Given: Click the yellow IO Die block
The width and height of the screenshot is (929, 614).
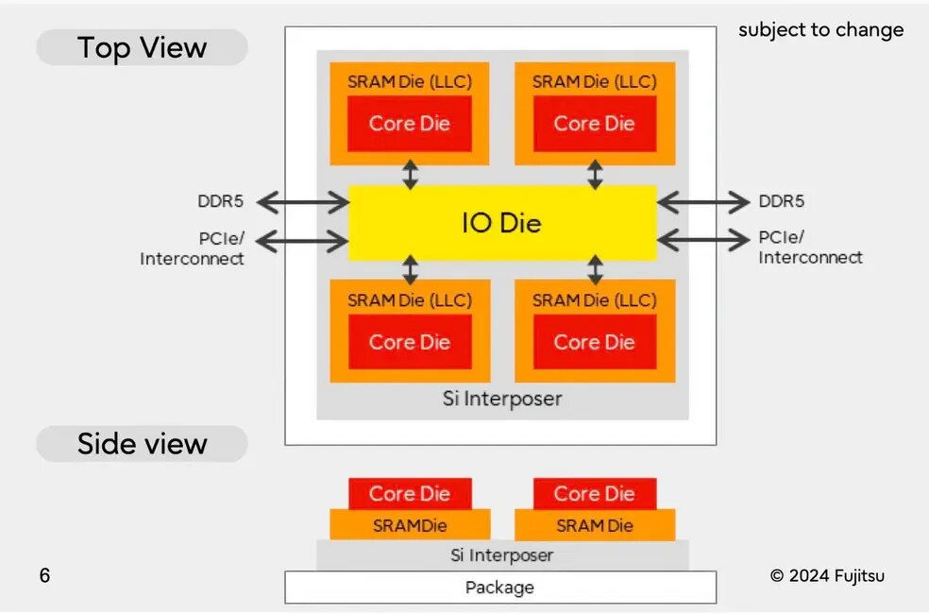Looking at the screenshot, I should point(501,223).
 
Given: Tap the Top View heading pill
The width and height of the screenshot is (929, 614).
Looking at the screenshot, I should point(142,47).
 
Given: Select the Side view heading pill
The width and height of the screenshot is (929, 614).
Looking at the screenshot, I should point(142,444).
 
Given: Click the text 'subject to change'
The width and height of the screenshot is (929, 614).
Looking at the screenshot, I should point(820,29).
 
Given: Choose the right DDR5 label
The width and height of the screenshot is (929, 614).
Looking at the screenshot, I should point(782,201).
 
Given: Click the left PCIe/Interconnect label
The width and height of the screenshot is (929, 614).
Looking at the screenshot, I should point(193,248).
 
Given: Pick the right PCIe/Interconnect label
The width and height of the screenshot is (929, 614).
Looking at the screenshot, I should point(810,247).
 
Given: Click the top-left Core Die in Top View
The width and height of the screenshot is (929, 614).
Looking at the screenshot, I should point(409,124).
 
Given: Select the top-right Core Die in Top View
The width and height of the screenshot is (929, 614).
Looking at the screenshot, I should point(594,124).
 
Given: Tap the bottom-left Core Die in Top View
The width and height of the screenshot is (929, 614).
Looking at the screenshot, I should point(409,342).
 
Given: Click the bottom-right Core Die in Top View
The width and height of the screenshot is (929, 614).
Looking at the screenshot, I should point(594,342).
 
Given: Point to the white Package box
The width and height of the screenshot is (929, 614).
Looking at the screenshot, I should point(500,588).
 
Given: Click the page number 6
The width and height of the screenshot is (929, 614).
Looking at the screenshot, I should point(44,575).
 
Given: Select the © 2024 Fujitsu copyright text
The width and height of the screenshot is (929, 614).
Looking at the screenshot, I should point(827,575).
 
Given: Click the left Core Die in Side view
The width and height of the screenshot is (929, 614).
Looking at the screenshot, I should point(409,493).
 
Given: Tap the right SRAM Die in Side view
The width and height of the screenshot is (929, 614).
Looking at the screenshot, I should point(594,525).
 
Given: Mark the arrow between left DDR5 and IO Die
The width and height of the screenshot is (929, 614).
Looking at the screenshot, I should point(302,201).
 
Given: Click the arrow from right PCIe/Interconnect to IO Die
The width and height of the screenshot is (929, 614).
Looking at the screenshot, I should point(703,241).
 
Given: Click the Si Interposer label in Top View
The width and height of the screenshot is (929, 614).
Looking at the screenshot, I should point(501,399).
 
